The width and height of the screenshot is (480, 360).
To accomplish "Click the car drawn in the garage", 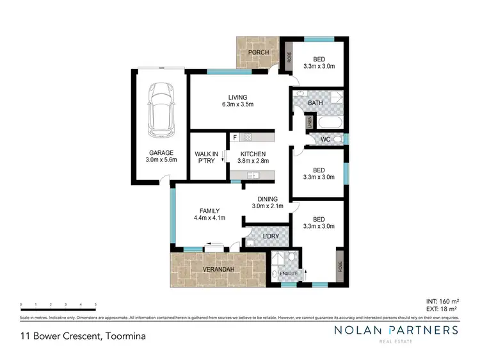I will (x=160, y=110).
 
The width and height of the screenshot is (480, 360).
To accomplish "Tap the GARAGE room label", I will (x=160, y=153).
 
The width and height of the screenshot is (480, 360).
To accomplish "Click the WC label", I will (x=324, y=138).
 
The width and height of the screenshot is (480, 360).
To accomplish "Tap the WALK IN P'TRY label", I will (x=206, y=158).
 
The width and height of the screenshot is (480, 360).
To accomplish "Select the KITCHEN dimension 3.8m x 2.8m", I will (x=252, y=162).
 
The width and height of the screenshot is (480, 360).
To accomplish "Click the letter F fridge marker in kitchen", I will (x=235, y=137).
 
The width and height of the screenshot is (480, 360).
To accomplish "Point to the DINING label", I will (x=268, y=199).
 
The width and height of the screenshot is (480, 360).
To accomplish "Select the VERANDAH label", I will (x=216, y=270).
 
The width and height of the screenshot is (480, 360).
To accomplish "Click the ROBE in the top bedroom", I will (x=289, y=54).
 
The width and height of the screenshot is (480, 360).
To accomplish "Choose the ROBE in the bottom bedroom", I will (x=339, y=265).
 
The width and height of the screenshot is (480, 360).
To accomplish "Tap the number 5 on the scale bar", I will (x=95, y=304).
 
